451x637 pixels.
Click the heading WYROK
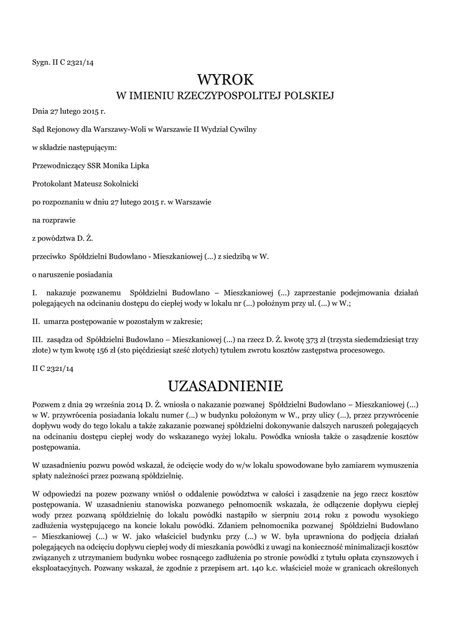(225, 79)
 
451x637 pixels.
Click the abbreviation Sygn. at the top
(42, 62)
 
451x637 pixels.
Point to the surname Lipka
(137, 165)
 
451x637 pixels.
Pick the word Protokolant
(50, 184)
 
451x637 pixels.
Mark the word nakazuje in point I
(62, 292)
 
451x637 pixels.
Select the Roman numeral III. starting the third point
(37, 339)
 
